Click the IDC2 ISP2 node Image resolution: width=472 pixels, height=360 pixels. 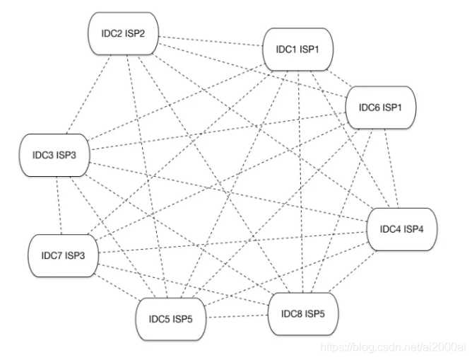click(123, 35)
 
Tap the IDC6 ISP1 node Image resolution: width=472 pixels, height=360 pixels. click(381, 108)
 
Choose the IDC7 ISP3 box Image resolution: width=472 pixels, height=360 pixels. click(64, 255)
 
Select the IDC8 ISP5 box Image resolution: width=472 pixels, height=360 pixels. click(305, 313)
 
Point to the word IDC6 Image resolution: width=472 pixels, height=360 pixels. click(367, 108)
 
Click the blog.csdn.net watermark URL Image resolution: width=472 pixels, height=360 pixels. click(393, 346)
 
